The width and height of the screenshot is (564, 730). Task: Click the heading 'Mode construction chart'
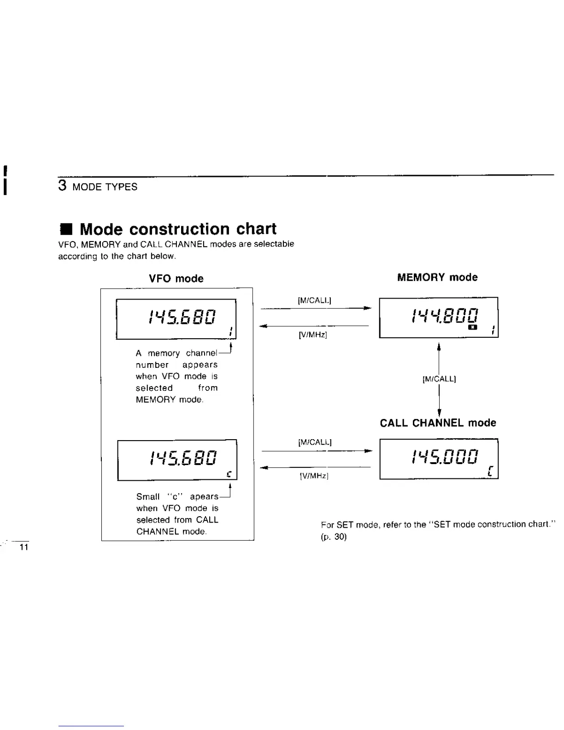pos(178,229)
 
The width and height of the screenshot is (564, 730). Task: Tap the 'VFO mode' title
pos(176,279)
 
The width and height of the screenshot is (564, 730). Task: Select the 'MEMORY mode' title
pos(437,277)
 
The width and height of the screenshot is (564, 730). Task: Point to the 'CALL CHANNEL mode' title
pos(438,423)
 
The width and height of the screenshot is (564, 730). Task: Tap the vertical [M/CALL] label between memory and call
pos(439,379)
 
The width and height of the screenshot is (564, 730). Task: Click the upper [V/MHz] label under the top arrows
pos(313,335)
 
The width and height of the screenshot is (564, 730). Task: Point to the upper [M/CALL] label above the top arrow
pos(315,301)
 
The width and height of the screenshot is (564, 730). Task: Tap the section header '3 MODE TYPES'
pos(98,187)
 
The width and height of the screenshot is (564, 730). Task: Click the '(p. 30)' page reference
pos(334,537)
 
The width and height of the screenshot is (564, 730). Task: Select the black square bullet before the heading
pos(66,230)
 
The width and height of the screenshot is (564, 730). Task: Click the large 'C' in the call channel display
pos(491,471)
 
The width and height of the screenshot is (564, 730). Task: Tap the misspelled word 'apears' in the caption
pos(204,497)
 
